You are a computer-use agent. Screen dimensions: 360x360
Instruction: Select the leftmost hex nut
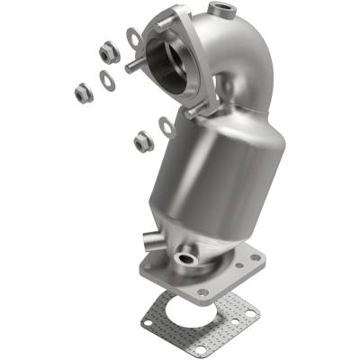click(x=82, y=91)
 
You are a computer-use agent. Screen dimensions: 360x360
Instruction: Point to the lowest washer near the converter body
click(x=166, y=125)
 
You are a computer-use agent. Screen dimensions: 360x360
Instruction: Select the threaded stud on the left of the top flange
click(x=132, y=67)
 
